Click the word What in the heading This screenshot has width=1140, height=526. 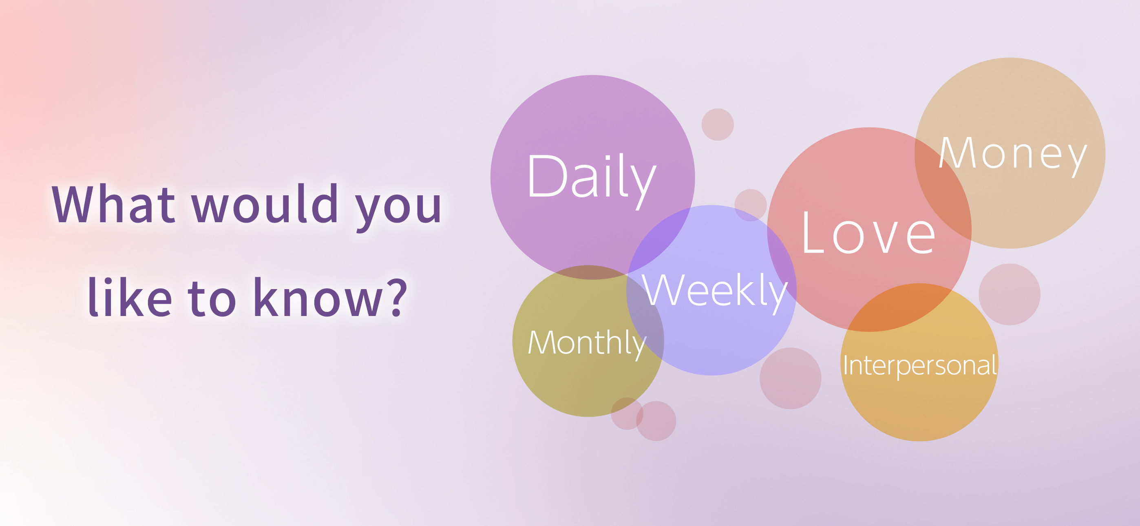coord(114,204)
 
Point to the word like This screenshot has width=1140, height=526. coord(130,296)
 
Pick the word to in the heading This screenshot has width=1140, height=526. coord(212,299)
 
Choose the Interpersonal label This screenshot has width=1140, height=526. coord(919,366)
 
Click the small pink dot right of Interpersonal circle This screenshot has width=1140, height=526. coord(1010,294)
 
